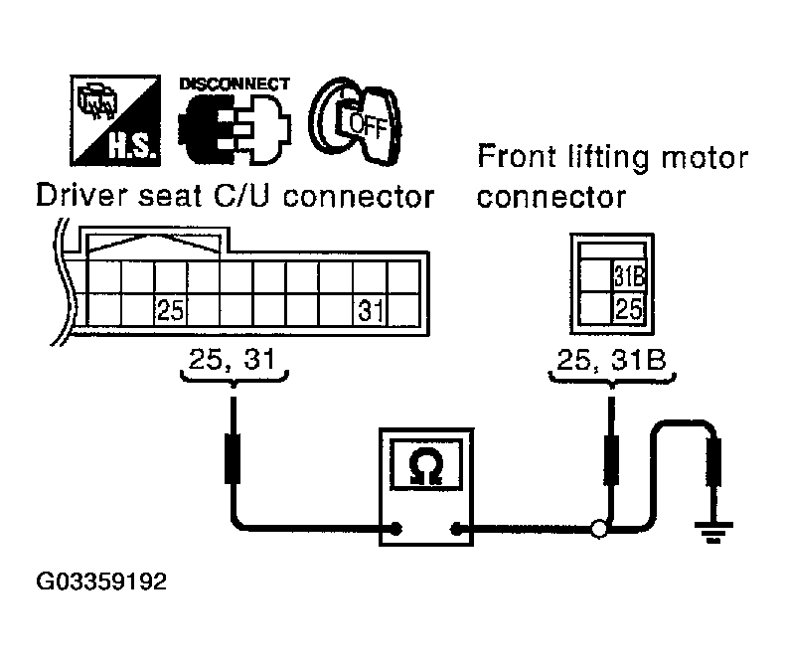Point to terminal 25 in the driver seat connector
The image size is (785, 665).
(x=170, y=311)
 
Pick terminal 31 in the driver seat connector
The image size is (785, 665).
(x=370, y=311)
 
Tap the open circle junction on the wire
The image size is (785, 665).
(x=598, y=530)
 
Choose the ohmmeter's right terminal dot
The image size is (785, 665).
(x=457, y=530)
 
